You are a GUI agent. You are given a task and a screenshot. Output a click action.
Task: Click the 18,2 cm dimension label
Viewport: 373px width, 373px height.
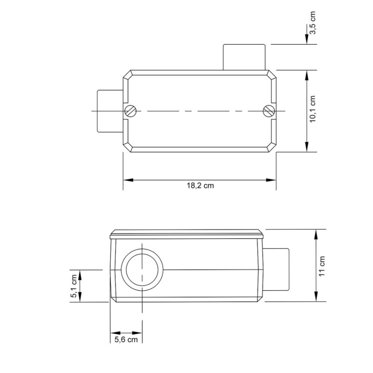click(200, 186)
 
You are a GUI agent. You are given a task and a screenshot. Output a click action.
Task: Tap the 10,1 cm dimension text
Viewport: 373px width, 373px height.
click(313, 109)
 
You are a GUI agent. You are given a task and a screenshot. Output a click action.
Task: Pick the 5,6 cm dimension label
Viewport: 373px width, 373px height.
click(126, 339)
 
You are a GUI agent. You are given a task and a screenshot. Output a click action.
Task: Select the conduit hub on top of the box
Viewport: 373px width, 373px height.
click(244, 57)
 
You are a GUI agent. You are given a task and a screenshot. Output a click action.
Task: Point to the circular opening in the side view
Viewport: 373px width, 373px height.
click(142, 270)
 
